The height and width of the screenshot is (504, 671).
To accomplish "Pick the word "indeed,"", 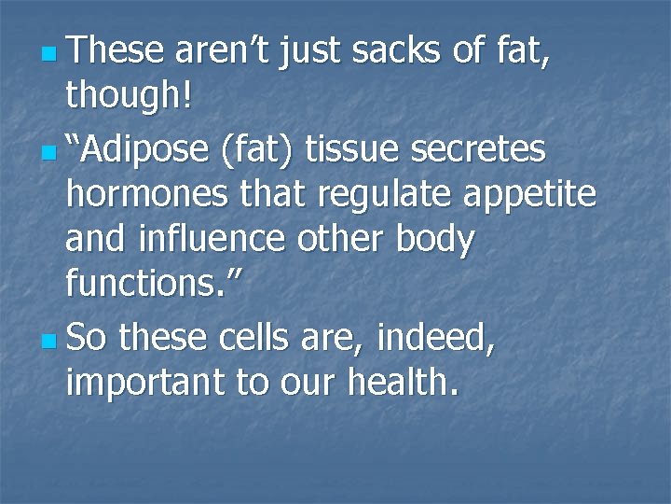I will click(435, 335).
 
